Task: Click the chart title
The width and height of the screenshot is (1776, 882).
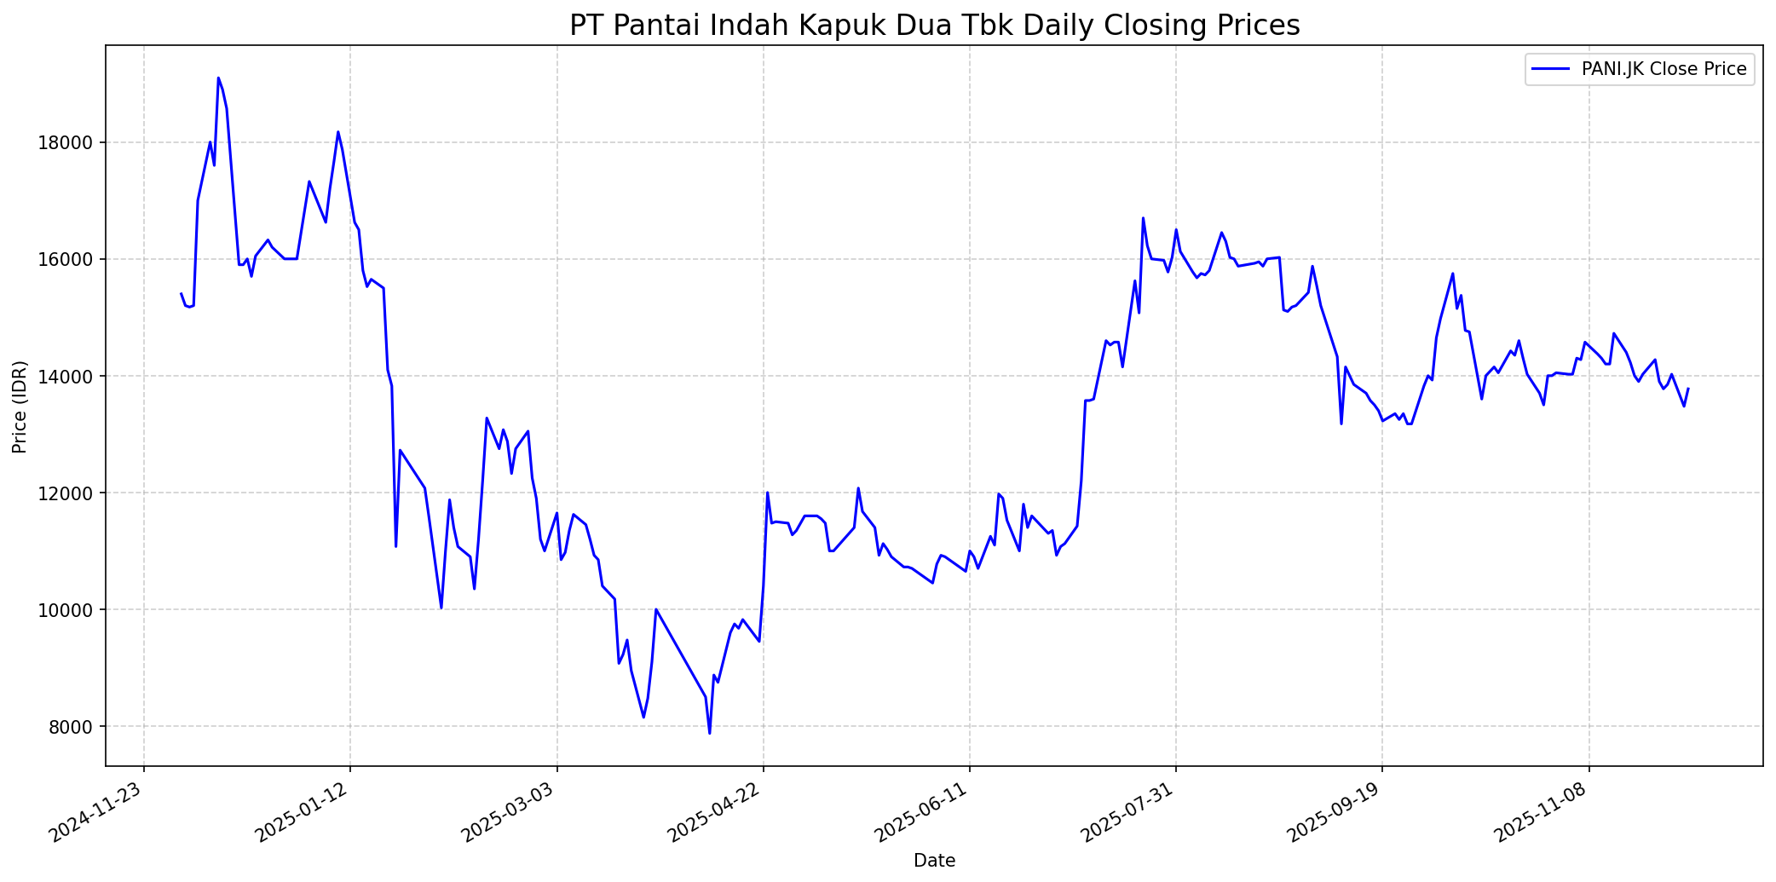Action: (x=934, y=26)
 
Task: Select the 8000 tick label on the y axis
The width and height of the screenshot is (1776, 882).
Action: (x=72, y=727)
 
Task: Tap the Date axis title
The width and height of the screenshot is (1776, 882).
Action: (x=934, y=862)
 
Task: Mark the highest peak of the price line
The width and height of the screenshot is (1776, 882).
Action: (x=218, y=78)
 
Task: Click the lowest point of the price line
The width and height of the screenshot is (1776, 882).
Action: (x=709, y=733)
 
